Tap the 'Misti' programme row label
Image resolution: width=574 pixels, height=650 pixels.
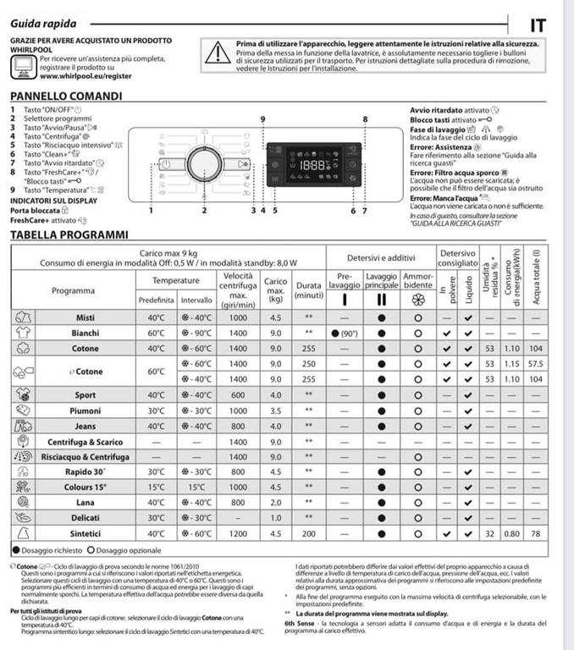[86, 317]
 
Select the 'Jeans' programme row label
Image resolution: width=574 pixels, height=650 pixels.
[86, 426]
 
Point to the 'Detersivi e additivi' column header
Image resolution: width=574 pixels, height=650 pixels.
[381, 257]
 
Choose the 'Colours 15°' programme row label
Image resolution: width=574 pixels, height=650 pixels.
[86, 487]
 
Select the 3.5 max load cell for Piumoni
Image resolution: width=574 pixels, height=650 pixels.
[275, 410]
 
